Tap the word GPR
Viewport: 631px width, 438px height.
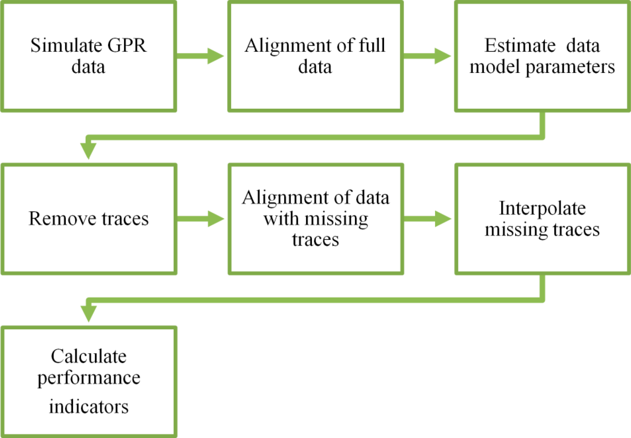127,46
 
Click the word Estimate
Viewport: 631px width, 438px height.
520,46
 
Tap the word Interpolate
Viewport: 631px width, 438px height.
542,209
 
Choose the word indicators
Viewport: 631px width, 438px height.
89,407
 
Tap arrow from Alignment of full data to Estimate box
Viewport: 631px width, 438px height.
427,56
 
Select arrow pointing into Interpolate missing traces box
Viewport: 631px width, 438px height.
427,219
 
